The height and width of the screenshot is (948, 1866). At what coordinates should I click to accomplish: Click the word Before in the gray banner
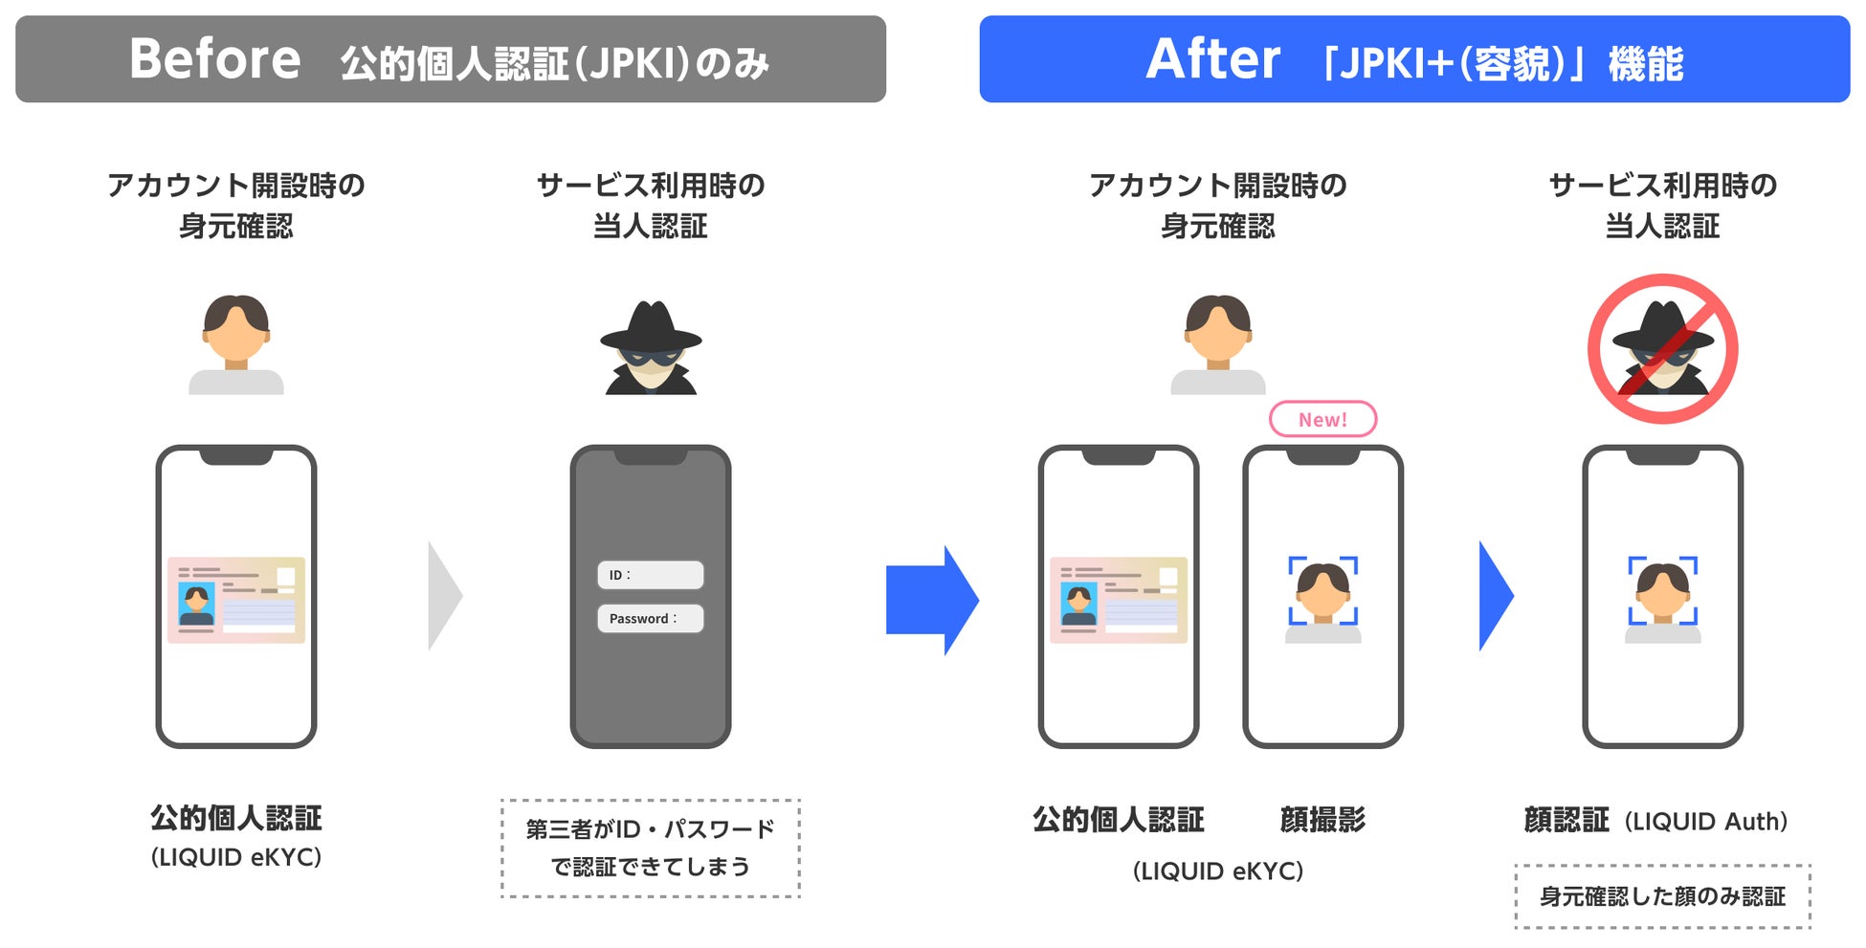[x=214, y=59]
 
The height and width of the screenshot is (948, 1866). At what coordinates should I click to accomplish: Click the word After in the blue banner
[x=1212, y=59]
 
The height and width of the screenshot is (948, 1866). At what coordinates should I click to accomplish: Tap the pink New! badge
[x=1322, y=419]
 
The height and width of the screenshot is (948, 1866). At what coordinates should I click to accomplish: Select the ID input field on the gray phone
[x=651, y=575]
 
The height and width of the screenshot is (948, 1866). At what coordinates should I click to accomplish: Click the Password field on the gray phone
[x=651, y=618]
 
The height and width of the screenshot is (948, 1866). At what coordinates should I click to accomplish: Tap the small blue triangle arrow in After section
[x=1495, y=596]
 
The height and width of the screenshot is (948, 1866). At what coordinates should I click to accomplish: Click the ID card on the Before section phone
[x=236, y=600]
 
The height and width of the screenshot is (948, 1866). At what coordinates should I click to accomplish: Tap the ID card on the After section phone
[x=1119, y=600]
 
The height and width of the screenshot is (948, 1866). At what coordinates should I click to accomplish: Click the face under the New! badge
[x=1322, y=589]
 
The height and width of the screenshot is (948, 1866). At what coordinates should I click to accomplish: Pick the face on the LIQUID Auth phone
[x=1662, y=589]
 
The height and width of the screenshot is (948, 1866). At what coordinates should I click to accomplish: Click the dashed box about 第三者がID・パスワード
[x=651, y=849]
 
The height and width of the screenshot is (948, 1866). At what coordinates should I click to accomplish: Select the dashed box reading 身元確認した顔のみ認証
[x=1662, y=896]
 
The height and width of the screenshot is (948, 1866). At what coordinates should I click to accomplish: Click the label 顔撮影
[x=1322, y=820]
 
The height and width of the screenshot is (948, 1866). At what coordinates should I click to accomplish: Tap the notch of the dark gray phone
[x=651, y=456]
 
